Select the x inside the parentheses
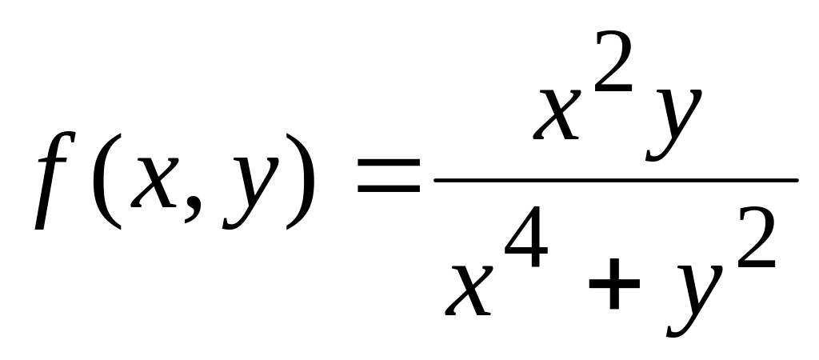point(154,182)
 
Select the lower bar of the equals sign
point(389,188)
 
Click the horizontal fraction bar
point(616,180)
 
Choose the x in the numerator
point(557,114)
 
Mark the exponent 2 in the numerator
point(613,62)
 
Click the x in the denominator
point(469,290)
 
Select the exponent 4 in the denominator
point(526,237)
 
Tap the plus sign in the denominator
point(614,284)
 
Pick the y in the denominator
point(695,301)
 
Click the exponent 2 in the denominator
point(757,238)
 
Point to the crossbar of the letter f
point(53,161)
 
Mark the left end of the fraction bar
point(434,180)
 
